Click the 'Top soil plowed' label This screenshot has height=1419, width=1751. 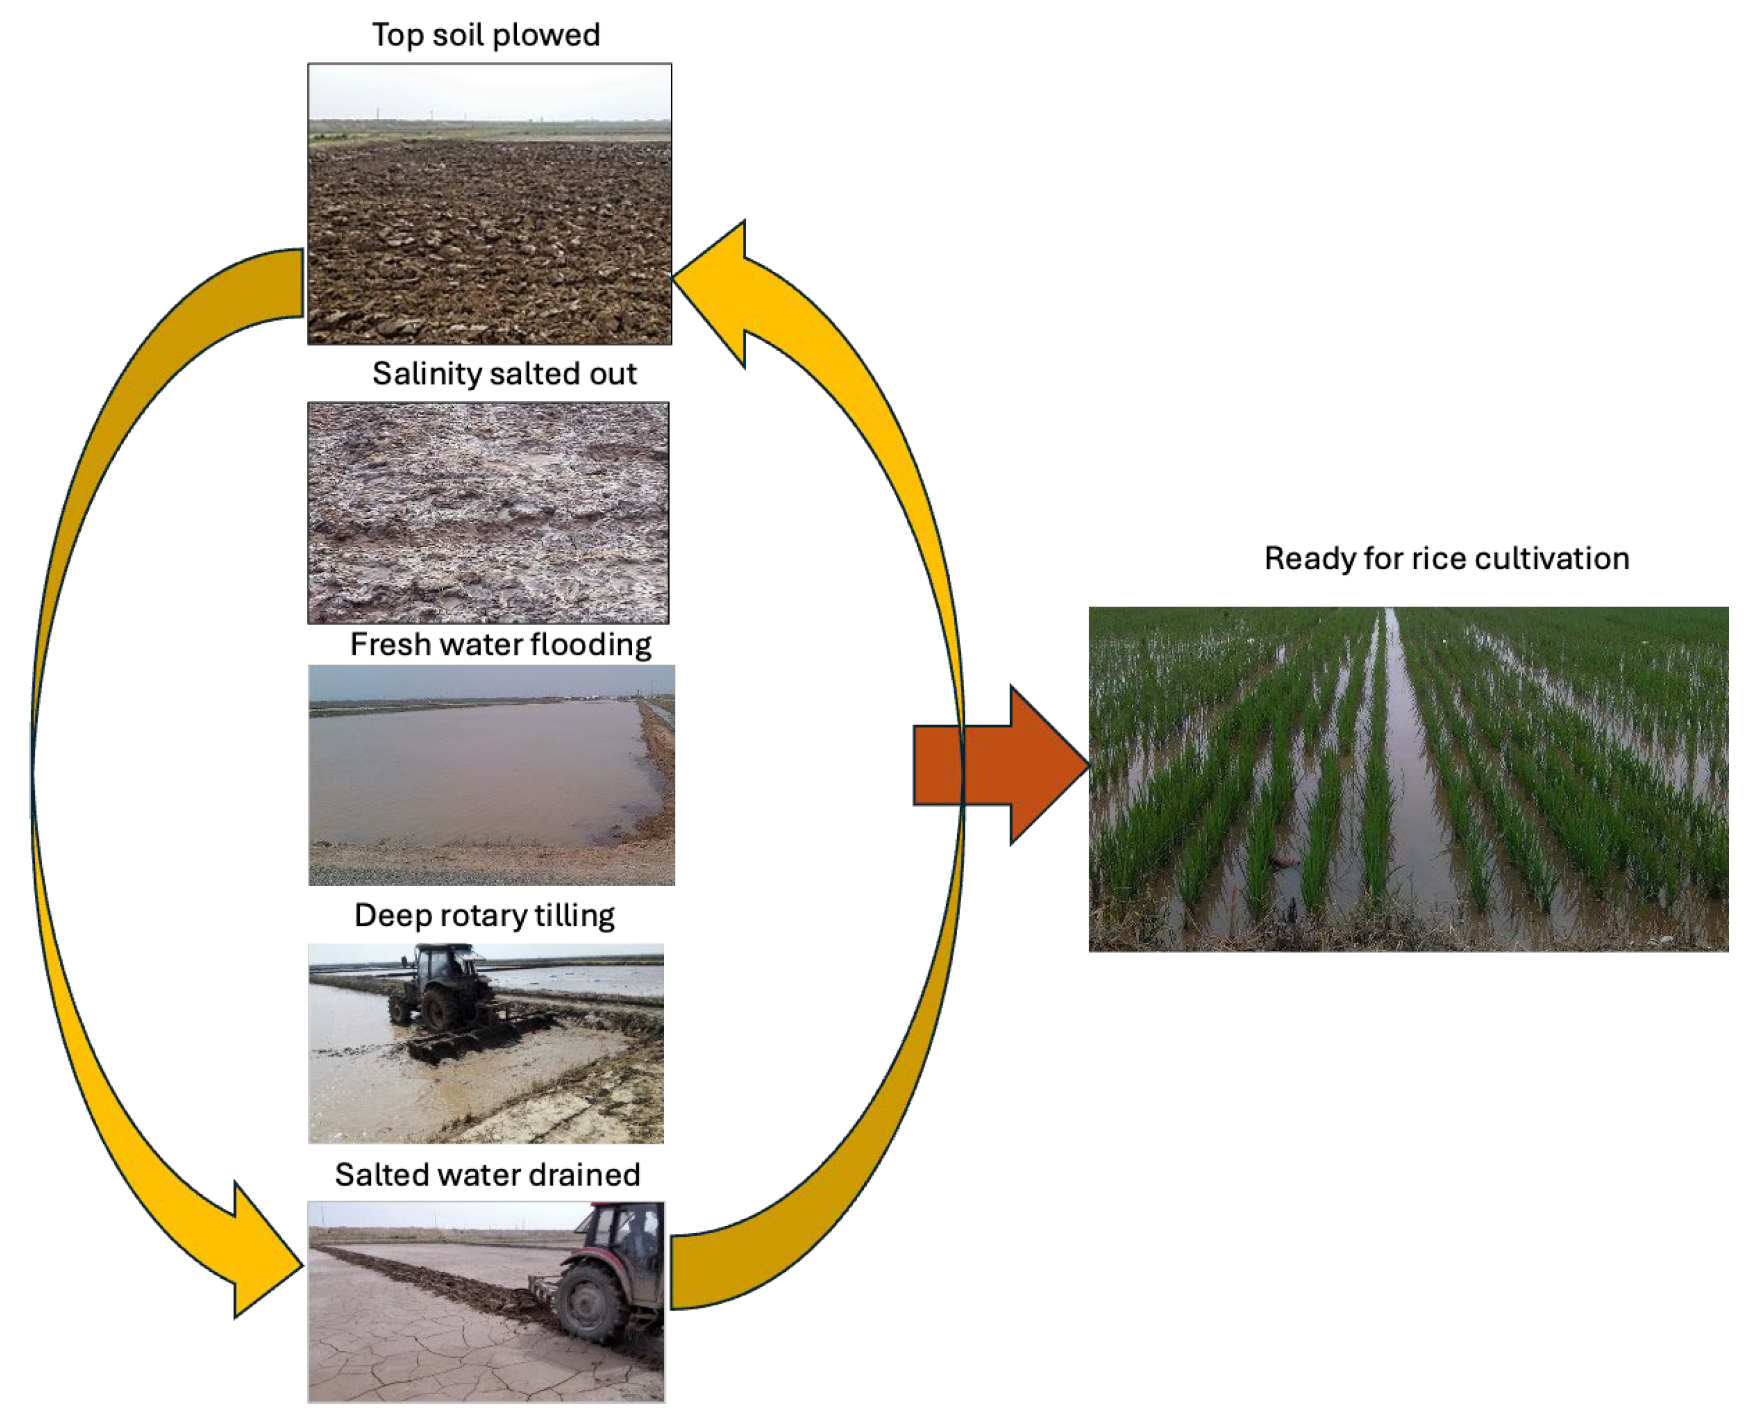(486, 35)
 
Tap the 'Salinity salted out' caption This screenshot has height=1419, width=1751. (504, 374)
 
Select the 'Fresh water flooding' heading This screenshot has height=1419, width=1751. (500, 644)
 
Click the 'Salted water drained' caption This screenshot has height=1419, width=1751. (487, 1174)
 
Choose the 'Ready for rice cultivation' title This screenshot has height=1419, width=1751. (1446, 559)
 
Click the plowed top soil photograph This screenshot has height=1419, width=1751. (489, 205)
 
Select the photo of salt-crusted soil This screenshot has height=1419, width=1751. (488, 513)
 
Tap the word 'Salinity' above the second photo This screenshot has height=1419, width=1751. (426, 374)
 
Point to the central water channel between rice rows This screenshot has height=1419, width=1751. (1410, 776)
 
